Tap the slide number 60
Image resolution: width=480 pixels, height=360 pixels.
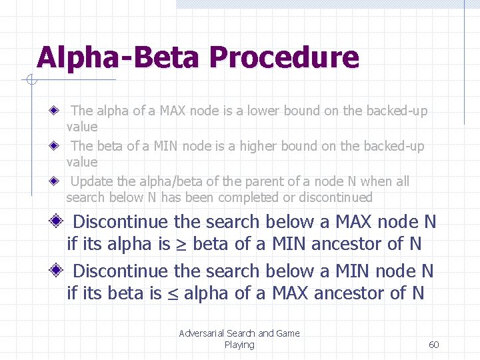pos(433,345)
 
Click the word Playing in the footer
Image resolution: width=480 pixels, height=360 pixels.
pos(239,345)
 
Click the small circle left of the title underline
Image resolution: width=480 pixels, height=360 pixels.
pos(31,81)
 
